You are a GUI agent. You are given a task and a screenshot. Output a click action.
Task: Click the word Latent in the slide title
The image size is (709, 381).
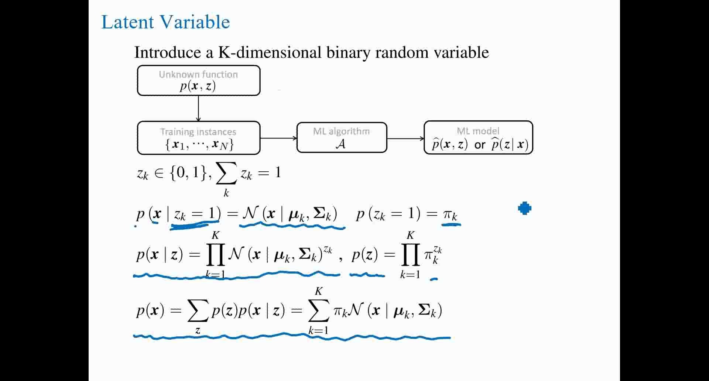click(127, 22)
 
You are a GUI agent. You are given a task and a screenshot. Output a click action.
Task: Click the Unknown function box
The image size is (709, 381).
click(199, 80)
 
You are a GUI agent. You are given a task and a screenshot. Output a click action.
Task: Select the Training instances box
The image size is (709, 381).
click(199, 138)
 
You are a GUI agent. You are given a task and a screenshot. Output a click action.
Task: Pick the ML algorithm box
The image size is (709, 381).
click(342, 138)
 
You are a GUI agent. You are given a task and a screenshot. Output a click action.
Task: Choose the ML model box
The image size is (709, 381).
click(478, 138)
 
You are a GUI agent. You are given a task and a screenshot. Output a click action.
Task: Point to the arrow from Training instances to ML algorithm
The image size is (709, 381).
click(278, 138)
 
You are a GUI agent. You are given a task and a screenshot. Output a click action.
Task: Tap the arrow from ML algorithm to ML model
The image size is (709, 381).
click(405, 138)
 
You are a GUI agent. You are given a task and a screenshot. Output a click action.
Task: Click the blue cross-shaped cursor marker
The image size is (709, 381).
click(524, 209)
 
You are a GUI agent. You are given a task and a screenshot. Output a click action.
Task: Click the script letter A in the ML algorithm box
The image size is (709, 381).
click(341, 144)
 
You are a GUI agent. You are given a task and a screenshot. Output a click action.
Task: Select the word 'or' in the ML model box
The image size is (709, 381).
click(480, 145)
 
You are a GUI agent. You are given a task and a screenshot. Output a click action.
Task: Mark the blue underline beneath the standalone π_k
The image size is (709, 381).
click(451, 223)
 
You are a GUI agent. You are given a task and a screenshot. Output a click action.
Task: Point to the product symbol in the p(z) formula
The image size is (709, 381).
click(410, 255)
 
